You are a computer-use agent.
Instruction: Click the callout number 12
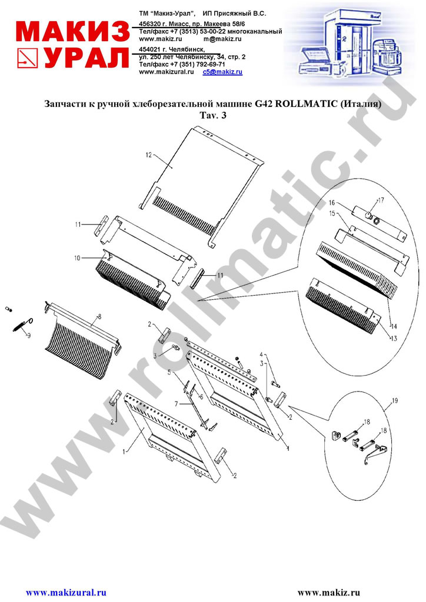point(149,155)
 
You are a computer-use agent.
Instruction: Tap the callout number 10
point(77,258)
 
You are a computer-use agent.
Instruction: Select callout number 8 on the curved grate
point(99,316)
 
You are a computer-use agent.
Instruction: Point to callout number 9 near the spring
point(28,336)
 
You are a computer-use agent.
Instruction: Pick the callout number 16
point(332,203)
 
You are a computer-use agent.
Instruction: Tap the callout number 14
point(394,327)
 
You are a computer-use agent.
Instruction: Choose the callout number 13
point(394,338)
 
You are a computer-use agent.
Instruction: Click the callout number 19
point(394,401)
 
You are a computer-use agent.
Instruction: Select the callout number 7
point(177,404)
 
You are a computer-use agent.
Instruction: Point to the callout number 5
point(169,372)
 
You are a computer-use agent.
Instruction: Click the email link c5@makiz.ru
point(222,72)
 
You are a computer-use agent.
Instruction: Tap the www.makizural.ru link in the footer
point(66,593)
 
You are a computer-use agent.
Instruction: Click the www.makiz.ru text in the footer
point(329,593)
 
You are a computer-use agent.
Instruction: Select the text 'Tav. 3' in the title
point(213,115)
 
